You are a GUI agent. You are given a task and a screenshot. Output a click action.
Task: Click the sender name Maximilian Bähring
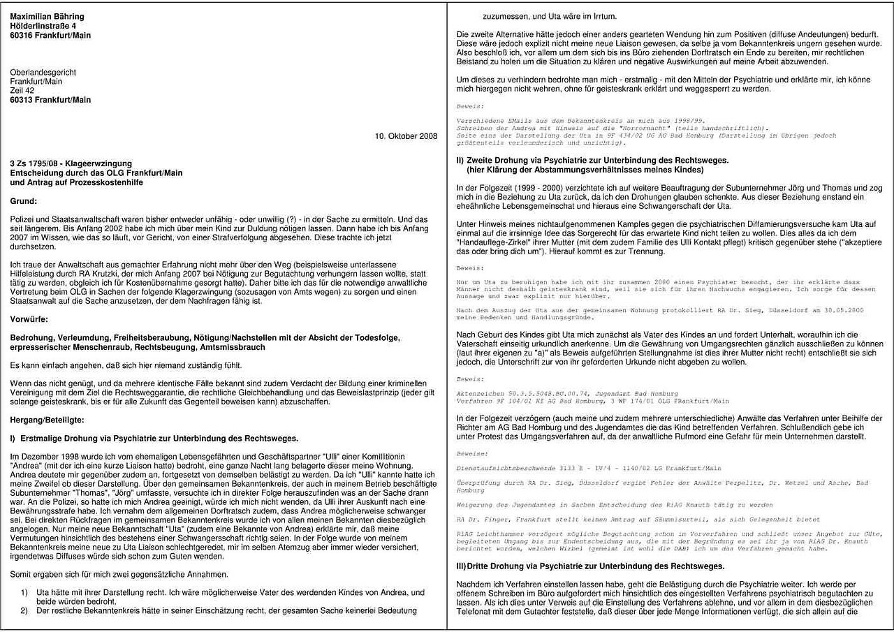click(47, 16)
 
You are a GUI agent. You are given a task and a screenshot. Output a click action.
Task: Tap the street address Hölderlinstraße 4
click(43, 26)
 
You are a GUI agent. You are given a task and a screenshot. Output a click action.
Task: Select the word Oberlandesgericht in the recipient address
click(43, 72)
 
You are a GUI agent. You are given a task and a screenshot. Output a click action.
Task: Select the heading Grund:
click(24, 201)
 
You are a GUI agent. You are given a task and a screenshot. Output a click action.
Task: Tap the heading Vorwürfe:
click(29, 320)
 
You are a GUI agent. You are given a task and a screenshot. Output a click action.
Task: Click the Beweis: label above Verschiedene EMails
click(470, 106)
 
